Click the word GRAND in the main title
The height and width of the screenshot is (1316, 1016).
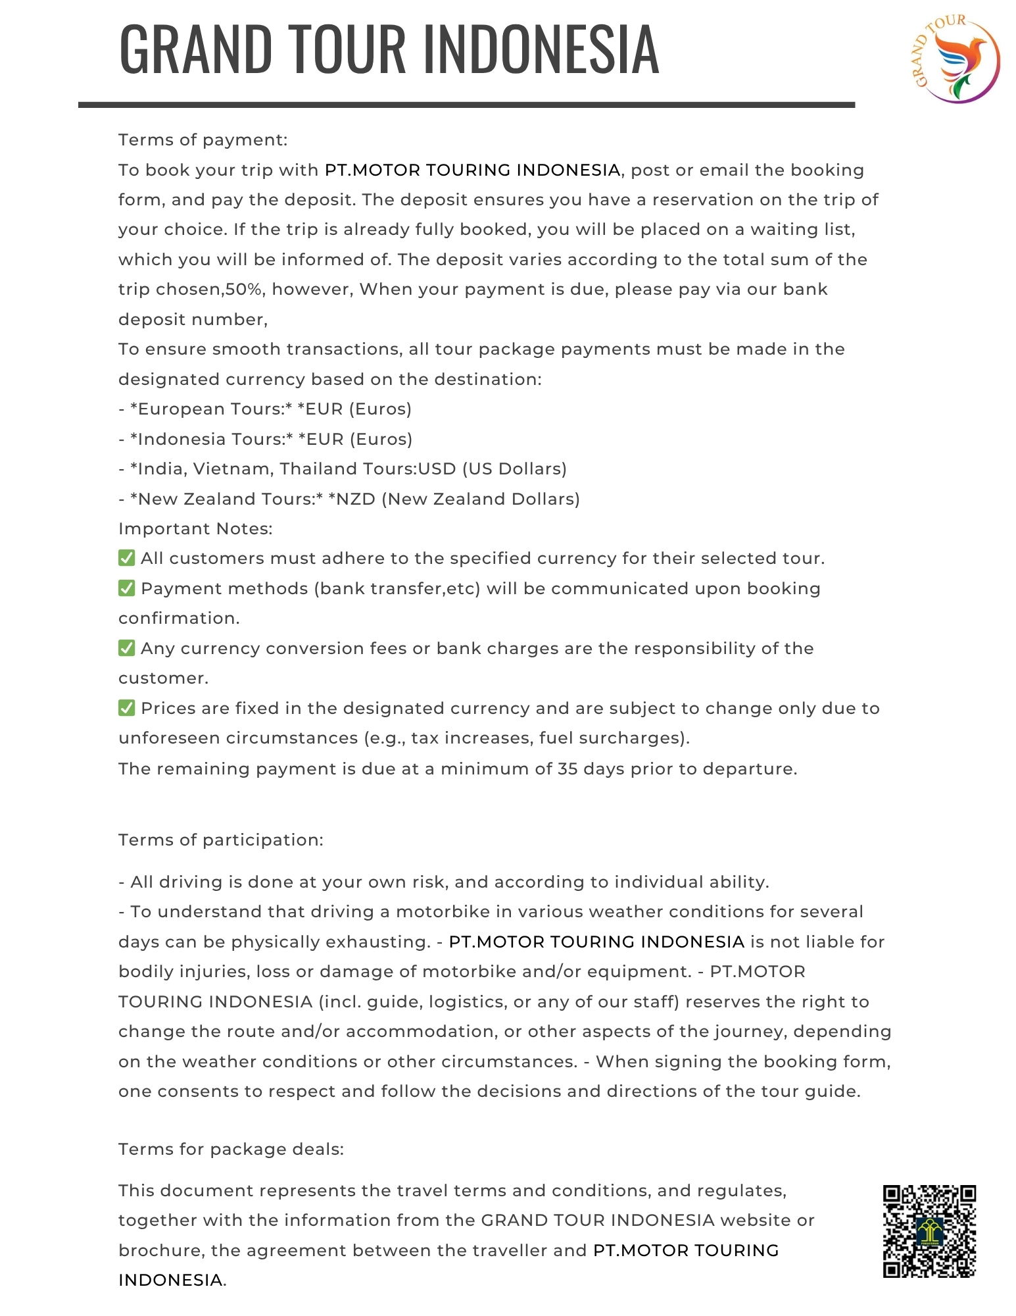click(x=196, y=49)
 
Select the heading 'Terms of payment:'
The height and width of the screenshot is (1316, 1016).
click(x=203, y=140)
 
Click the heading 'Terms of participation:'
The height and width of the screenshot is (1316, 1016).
click(x=221, y=840)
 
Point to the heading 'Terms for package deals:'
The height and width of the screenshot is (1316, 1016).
click(x=231, y=1150)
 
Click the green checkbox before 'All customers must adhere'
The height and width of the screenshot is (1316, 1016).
click(x=127, y=558)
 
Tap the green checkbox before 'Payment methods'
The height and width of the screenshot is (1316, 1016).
click(x=127, y=588)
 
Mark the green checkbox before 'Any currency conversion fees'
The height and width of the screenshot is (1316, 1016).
click(x=127, y=648)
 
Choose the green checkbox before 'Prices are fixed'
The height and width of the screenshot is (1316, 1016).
click(x=127, y=708)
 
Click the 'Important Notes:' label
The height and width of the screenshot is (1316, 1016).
click(x=195, y=529)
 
